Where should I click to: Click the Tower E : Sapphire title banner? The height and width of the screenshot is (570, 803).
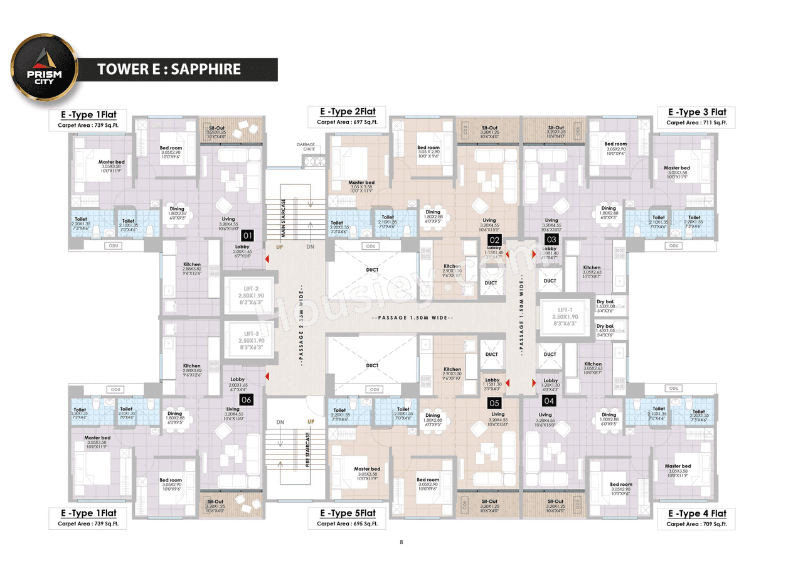click(x=169, y=69)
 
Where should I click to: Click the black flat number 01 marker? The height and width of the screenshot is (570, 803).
click(x=247, y=236)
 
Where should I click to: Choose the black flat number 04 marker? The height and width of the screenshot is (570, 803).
click(x=549, y=400)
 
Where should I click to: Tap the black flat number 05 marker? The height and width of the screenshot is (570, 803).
click(x=494, y=403)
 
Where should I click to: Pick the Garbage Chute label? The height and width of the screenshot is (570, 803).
click(x=306, y=147)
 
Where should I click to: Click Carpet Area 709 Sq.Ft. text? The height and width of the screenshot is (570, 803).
click(x=696, y=524)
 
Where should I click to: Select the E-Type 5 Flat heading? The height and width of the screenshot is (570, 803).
click(x=346, y=514)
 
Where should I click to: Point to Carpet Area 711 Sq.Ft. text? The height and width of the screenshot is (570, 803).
click(x=696, y=123)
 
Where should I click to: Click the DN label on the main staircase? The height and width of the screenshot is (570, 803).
click(x=311, y=247)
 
